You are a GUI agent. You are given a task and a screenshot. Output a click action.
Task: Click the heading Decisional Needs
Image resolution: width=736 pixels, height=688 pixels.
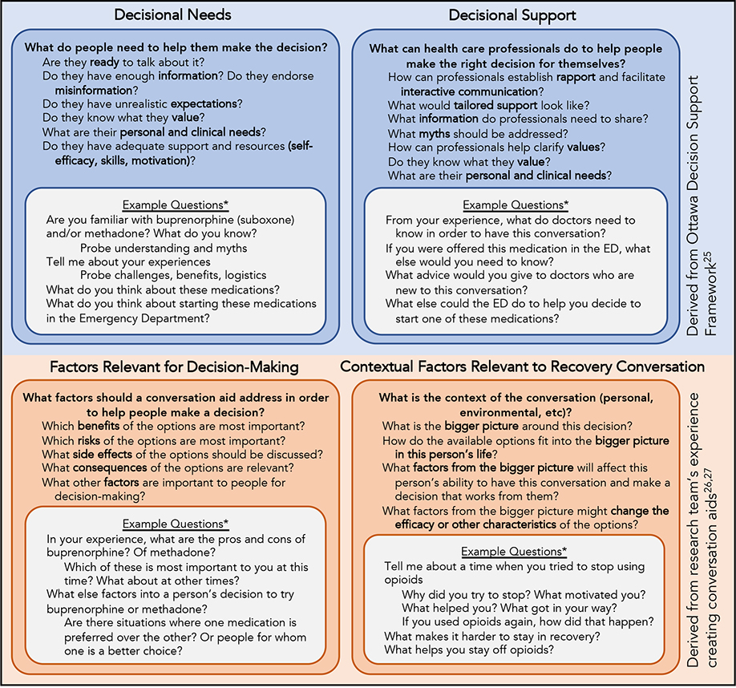(172, 15)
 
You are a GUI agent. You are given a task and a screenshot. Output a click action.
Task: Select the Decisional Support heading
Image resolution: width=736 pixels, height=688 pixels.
(512, 15)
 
